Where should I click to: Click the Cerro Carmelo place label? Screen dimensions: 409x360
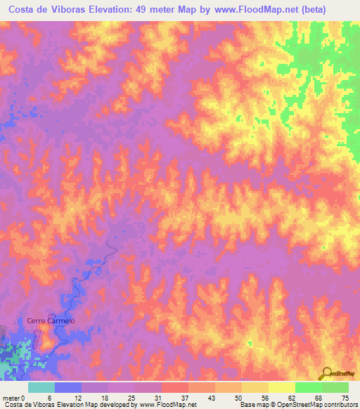click(x=51, y=320)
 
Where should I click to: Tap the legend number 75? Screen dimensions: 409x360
click(x=344, y=397)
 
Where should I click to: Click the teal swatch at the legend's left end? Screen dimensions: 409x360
click(x=41, y=387)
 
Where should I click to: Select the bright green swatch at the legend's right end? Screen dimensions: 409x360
click(x=335, y=387)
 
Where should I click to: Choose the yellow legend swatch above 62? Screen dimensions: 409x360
click(x=282, y=387)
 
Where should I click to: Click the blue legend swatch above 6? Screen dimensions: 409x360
click(x=68, y=387)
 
